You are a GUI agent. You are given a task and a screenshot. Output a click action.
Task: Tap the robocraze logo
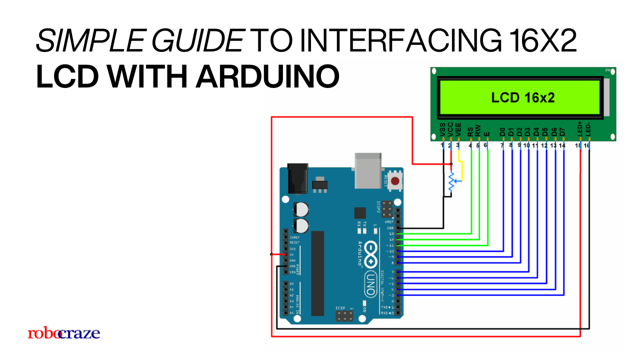tap(63, 333)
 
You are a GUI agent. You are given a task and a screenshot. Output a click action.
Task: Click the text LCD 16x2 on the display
tap(523, 97)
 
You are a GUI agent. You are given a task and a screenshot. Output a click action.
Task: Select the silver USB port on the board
tap(370, 171)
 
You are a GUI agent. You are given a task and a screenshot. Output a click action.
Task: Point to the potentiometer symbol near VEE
tap(451, 182)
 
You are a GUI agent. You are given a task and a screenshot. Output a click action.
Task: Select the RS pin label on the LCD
tap(470, 131)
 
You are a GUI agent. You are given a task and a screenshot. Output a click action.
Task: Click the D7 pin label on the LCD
tap(562, 131)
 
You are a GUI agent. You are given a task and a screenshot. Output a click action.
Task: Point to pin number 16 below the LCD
tap(587, 145)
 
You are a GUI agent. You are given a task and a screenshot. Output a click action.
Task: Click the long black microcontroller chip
tap(317, 273)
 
